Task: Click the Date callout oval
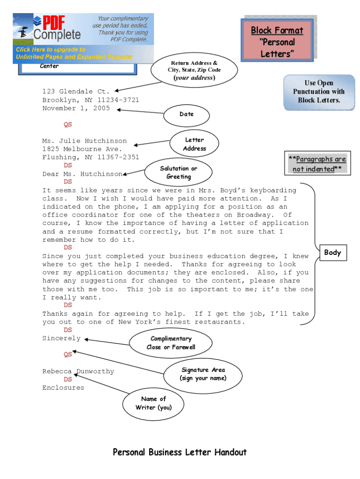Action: [x=187, y=114]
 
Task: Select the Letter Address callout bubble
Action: [x=194, y=144]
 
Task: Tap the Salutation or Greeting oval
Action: [x=179, y=173]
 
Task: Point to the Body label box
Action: [x=332, y=253]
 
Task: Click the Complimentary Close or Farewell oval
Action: [x=171, y=343]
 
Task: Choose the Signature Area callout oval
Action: [x=203, y=374]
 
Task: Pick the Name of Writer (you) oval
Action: [x=153, y=403]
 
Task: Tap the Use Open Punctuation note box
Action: [x=318, y=92]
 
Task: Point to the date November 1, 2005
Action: [x=76, y=109]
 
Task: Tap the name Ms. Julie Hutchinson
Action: [x=84, y=141]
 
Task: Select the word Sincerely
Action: [x=61, y=338]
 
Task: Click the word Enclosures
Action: [x=63, y=388]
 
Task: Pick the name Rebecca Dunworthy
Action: [x=78, y=371]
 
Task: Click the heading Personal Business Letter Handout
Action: [x=180, y=452]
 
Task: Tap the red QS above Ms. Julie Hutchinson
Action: [x=68, y=125]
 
